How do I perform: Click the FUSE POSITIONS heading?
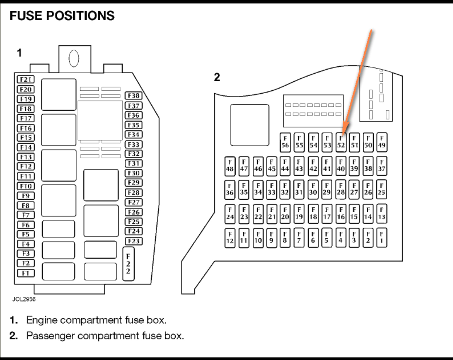coord(62,16)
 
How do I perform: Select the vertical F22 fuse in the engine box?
coord(128,264)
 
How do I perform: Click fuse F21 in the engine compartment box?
coord(26,80)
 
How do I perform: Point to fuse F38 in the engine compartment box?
coord(134,96)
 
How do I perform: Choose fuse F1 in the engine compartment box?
coord(26,273)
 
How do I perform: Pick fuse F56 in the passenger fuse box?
coord(285,142)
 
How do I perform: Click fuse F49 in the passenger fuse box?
coord(382,142)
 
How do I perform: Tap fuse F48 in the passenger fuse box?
coord(230,166)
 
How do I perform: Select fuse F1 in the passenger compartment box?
coord(382,238)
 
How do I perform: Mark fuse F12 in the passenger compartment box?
coord(230,238)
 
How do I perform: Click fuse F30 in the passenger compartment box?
coord(313,190)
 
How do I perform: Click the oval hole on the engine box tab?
coord(74,58)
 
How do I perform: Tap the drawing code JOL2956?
coord(24,299)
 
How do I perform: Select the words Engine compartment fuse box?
coord(96,320)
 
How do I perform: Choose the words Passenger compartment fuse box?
coord(105,335)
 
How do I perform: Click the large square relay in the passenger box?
coord(250,125)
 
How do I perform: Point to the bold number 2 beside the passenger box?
coord(217,77)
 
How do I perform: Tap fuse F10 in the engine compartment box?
coord(26,186)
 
